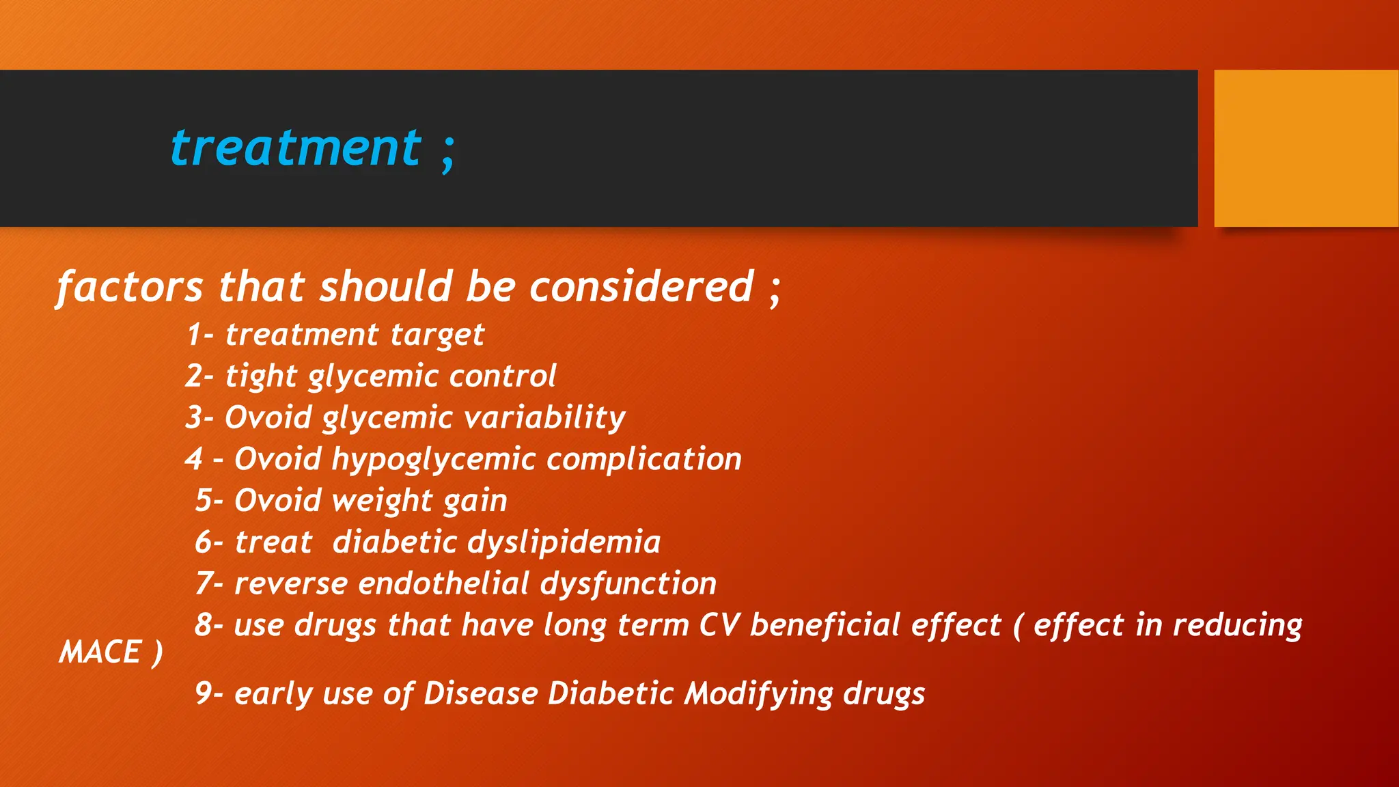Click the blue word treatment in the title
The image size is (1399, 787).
295,148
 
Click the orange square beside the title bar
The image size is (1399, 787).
1305,148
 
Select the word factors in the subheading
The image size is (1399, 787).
130,287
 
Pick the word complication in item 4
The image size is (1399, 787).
643,459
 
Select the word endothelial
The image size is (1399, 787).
443,584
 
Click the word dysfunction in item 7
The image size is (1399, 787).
628,585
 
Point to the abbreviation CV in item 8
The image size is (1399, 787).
719,626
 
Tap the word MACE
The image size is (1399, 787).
100,652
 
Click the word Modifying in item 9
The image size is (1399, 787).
758,695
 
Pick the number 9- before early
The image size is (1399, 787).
208,693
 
